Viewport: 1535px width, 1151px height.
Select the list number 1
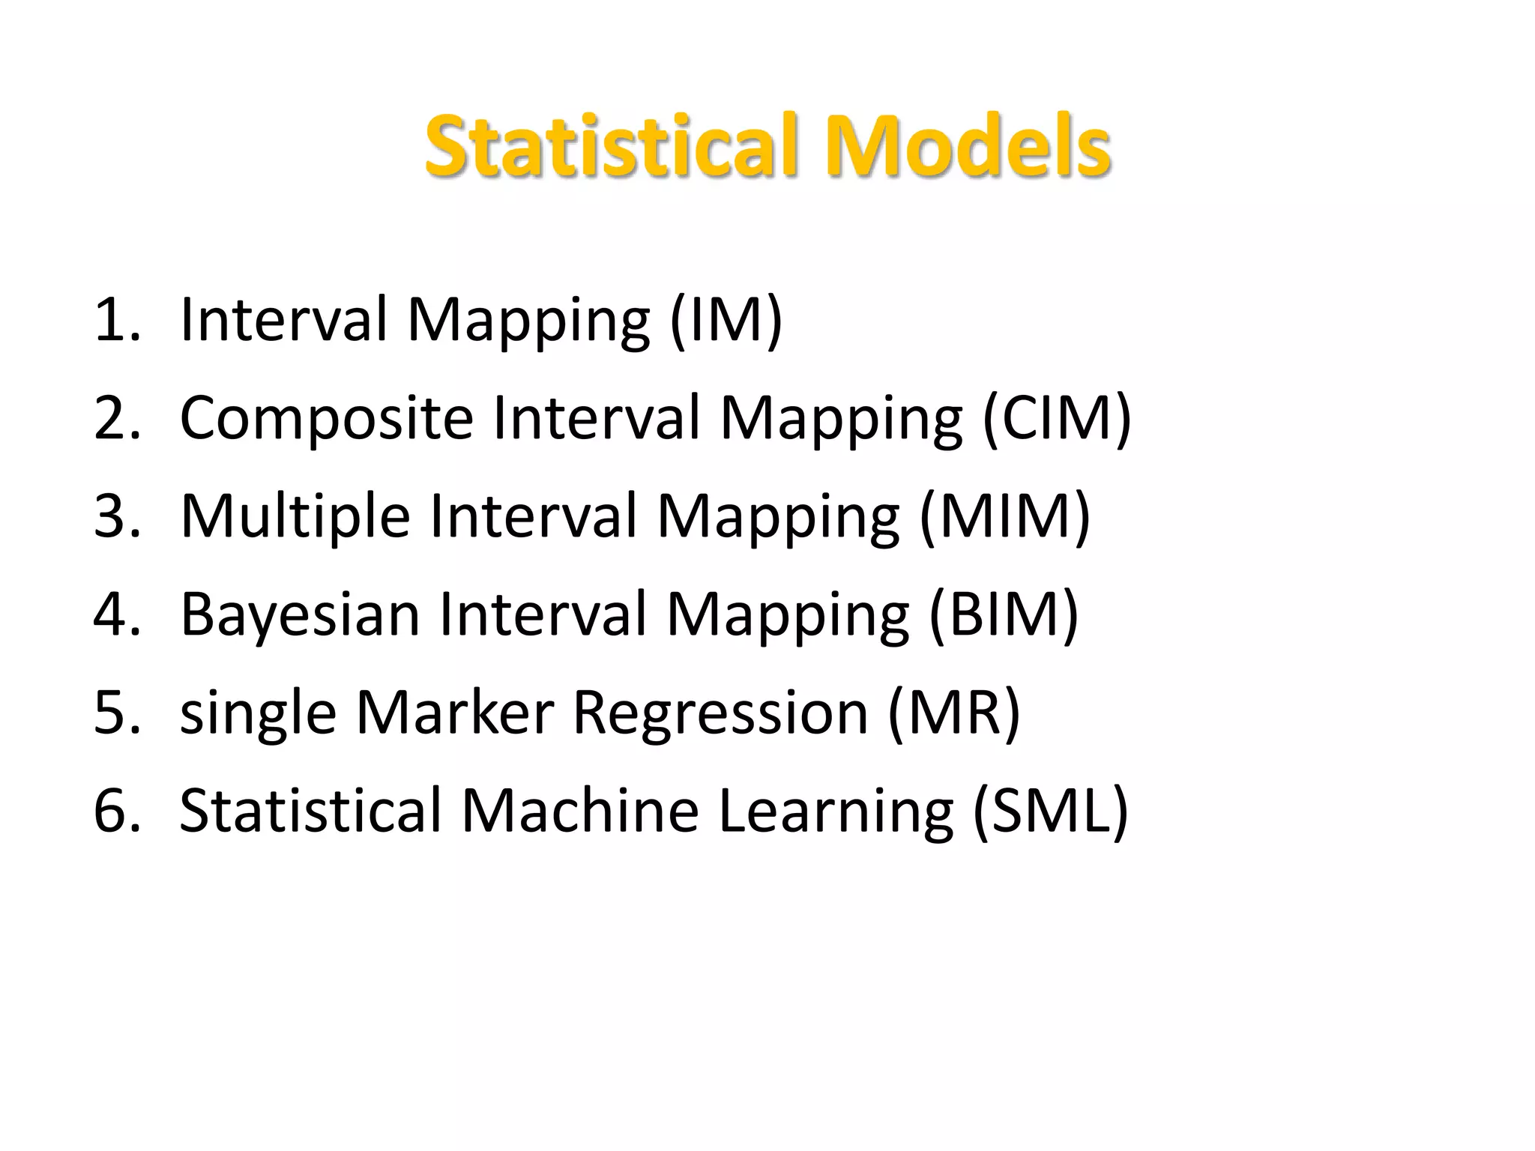tap(116, 320)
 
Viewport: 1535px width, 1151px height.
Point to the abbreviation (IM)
tap(726, 320)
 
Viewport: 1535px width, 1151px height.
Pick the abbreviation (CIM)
tap(1056, 418)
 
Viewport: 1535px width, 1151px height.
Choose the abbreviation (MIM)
tap(1004, 516)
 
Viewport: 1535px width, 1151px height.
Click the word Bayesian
tap(300, 614)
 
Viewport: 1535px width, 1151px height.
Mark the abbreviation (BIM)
tap(1004, 614)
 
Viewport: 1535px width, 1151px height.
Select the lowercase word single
tap(258, 713)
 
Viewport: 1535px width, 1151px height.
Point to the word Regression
tap(720, 713)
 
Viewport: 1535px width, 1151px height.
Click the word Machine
tap(579, 811)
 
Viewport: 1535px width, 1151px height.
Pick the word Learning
tap(836, 812)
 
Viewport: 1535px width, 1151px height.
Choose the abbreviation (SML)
tap(1050, 811)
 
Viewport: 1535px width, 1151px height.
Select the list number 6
tap(116, 811)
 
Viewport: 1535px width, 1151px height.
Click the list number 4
tap(116, 614)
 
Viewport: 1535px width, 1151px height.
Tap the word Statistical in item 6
tap(310, 811)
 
